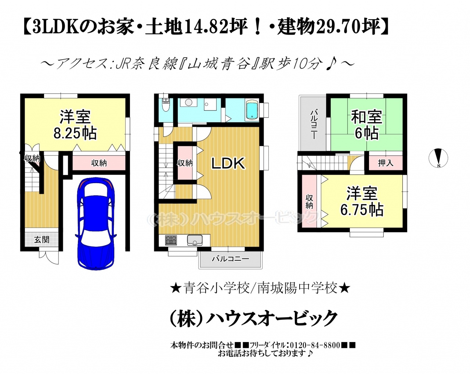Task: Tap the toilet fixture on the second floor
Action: (x=166, y=105)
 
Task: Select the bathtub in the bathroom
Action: (x=252, y=110)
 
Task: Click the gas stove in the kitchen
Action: (x=171, y=241)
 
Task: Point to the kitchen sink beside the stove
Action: (x=195, y=241)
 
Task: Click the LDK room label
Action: (x=228, y=163)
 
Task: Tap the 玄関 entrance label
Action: (x=41, y=240)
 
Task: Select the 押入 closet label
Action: (x=386, y=163)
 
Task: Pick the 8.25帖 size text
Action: (x=75, y=133)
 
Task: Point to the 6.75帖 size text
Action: (x=362, y=210)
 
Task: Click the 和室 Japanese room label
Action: (x=366, y=117)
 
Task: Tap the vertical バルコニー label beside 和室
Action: (x=313, y=124)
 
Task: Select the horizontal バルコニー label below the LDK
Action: (x=231, y=259)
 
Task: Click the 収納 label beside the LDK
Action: (x=185, y=163)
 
